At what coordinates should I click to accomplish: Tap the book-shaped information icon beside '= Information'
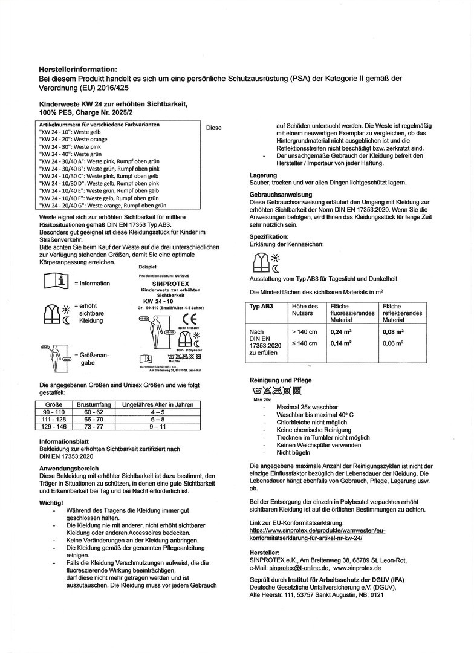click(56, 281)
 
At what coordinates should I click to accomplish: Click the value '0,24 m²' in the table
click(340, 331)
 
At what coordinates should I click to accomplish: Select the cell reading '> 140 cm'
click(303, 331)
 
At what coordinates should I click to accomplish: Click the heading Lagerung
click(263, 175)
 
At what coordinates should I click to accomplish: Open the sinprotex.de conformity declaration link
click(317, 533)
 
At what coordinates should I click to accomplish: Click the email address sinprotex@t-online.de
click(299, 568)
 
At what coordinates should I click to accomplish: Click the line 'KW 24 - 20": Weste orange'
click(73, 138)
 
